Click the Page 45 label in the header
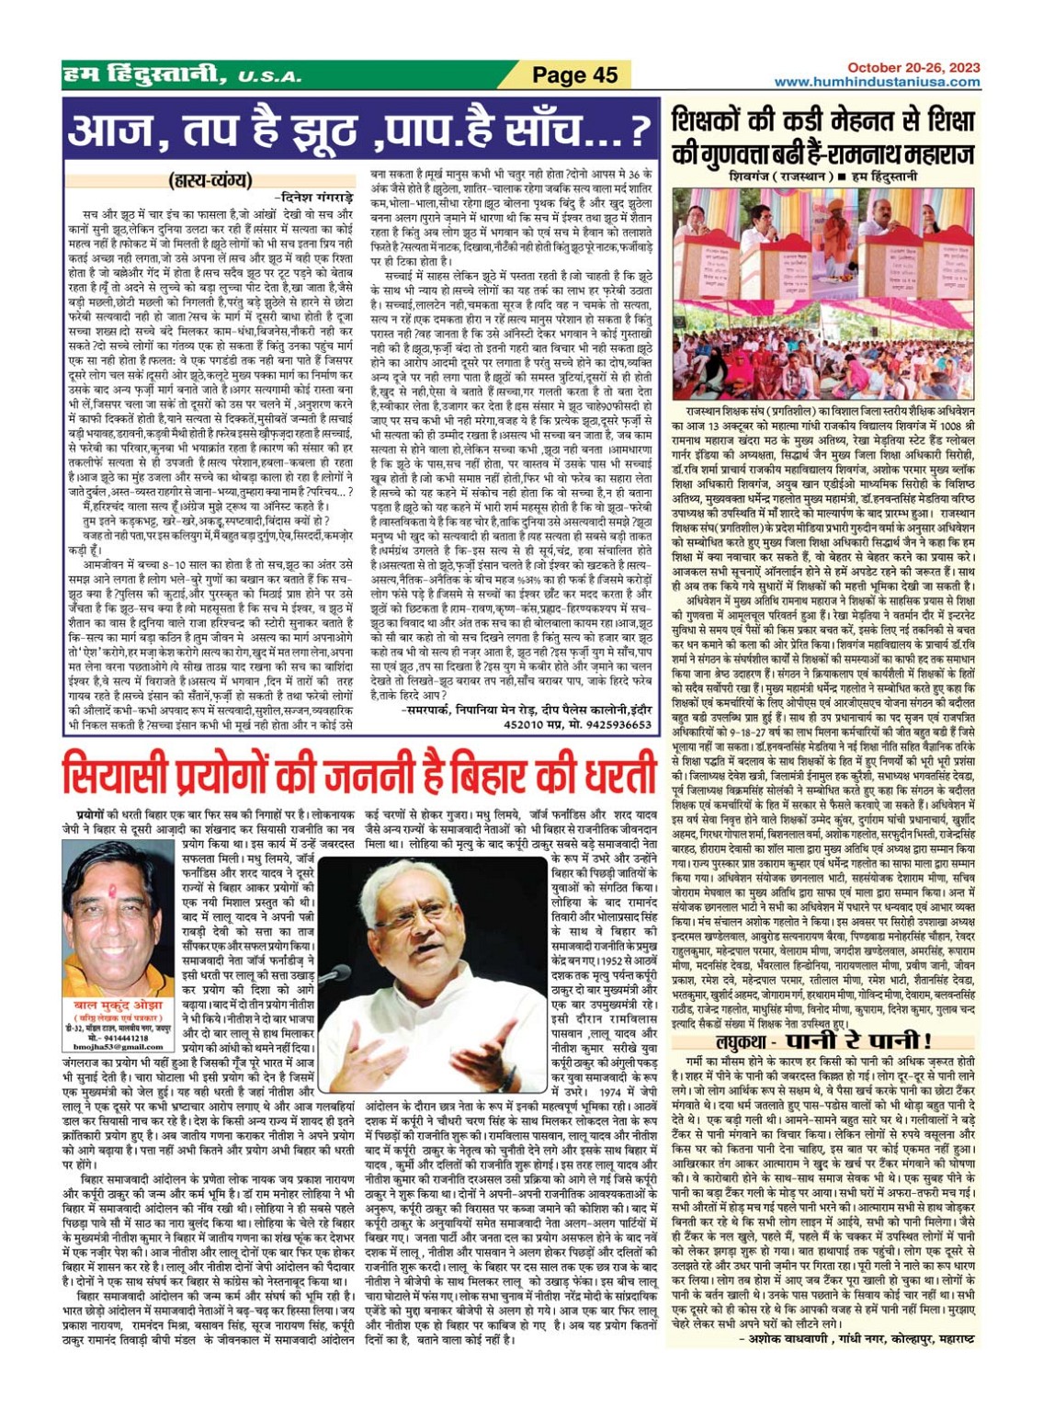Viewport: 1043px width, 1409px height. coord(575,75)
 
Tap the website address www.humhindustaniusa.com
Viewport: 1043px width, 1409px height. coord(877,82)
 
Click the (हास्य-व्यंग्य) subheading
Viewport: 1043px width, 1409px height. coord(210,181)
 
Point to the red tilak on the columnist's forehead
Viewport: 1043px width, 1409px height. coord(115,892)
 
